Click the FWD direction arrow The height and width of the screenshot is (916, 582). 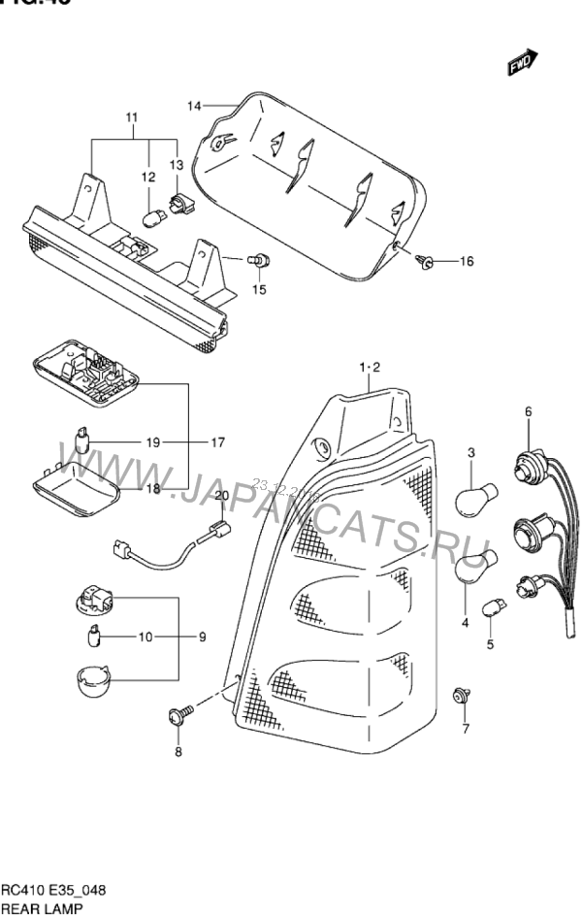(x=521, y=64)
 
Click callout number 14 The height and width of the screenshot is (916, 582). (x=194, y=105)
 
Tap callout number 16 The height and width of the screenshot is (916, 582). (x=466, y=261)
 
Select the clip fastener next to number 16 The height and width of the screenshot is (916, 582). (x=426, y=260)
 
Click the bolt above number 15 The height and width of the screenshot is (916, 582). (x=259, y=260)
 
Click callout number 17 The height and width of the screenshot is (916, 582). (x=216, y=442)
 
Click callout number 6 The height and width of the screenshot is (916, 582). (x=529, y=411)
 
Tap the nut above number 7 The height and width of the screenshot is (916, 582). (x=463, y=695)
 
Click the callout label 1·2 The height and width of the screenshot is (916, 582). (x=371, y=367)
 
